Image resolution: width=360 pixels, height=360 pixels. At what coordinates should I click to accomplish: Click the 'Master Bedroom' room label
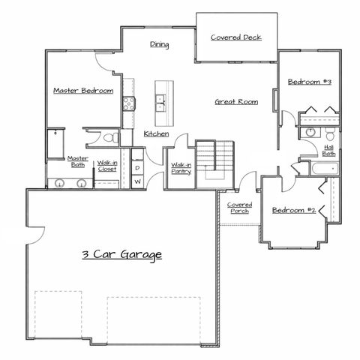[x=83, y=91]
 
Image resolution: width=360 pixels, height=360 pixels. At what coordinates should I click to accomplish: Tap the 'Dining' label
[x=159, y=44]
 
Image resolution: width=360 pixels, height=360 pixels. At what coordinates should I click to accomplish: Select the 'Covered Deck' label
[x=235, y=37]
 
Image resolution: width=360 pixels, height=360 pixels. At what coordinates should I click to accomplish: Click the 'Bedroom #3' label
[x=310, y=81]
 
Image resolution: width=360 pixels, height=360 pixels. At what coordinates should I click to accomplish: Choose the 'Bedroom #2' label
[x=292, y=210]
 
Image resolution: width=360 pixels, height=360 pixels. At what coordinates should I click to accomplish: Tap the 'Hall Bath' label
[x=328, y=150]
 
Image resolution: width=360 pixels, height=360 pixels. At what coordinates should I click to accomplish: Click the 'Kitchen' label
[x=156, y=133]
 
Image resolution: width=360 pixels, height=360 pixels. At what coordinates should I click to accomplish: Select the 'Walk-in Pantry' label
[x=181, y=168]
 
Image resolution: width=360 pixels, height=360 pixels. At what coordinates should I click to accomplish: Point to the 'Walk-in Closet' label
[x=106, y=166]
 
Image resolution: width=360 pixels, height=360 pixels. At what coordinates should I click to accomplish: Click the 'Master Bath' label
[x=78, y=161]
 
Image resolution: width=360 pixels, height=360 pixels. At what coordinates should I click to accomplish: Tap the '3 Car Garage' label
[x=121, y=255]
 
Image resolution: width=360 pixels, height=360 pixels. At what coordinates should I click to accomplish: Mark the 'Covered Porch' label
[x=240, y=208]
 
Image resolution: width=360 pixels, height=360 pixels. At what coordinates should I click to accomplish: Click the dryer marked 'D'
[x=138, y=168]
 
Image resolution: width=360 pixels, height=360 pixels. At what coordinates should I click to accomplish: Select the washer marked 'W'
[x=138, y=181]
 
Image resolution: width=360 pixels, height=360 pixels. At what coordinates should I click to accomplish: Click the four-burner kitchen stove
[x=128, y=104]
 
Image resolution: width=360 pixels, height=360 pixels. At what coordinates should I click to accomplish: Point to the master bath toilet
[x=109, y=138]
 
